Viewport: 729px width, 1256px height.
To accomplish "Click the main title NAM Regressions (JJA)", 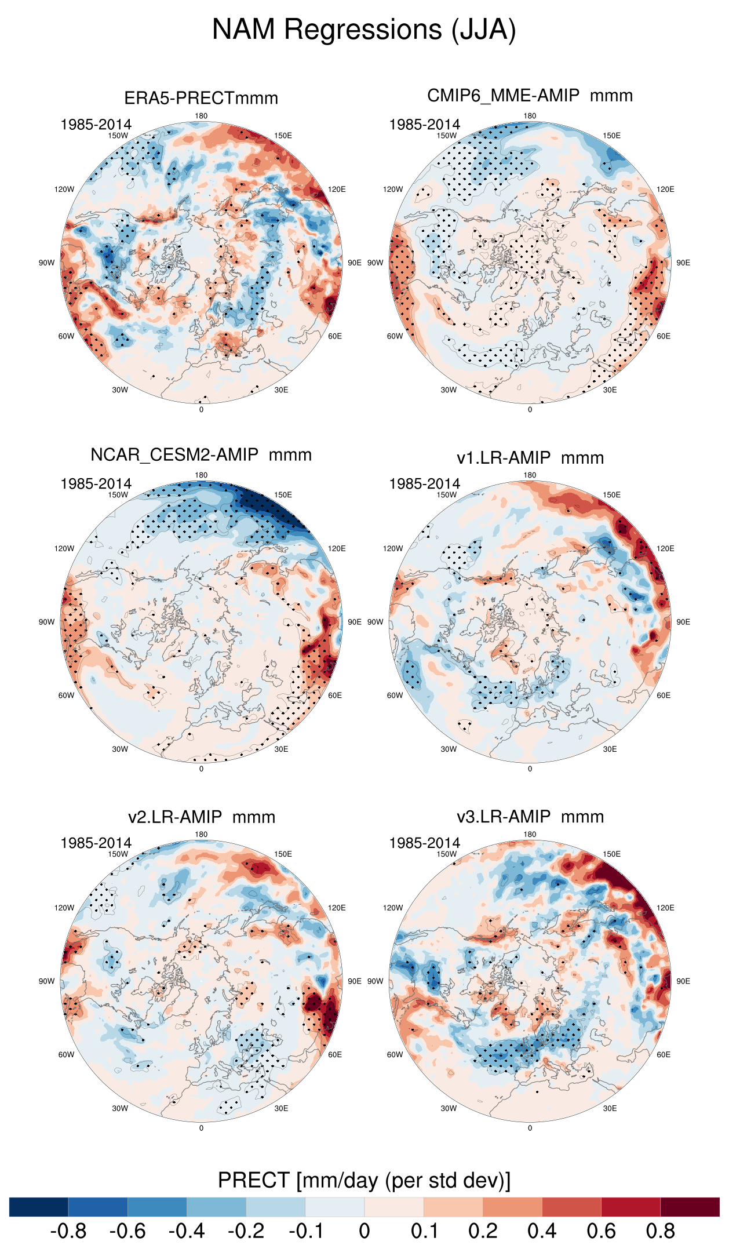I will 364,30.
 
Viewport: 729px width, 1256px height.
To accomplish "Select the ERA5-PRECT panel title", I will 201,98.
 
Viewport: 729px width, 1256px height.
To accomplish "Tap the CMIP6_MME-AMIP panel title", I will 530,96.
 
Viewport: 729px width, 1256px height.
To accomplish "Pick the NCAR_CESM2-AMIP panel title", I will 201,455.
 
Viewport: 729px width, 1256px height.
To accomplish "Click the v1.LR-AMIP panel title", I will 530,458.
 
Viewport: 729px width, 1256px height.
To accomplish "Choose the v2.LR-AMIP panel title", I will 201,817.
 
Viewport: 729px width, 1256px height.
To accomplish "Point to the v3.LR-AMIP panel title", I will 530,817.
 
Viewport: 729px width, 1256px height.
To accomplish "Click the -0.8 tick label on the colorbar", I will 68,1231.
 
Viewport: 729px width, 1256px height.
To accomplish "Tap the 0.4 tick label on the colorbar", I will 542,1231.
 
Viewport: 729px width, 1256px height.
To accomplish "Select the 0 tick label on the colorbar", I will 364,1231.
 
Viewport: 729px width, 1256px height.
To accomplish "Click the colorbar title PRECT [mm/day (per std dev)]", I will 364,1180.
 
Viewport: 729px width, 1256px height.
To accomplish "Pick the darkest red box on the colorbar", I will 690,1207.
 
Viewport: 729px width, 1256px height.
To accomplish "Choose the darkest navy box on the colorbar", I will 39,1207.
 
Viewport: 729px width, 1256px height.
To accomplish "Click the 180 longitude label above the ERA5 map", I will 201,116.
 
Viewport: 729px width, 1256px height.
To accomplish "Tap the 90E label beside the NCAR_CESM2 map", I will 355,622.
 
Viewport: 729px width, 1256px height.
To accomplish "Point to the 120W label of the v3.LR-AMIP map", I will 393,908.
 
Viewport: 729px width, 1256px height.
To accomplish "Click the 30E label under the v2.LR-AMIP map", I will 281,1108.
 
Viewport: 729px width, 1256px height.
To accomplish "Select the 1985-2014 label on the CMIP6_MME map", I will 424,125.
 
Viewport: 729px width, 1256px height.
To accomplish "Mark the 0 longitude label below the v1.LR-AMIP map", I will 530,769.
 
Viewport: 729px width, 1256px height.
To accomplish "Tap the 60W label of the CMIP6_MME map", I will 395,336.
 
